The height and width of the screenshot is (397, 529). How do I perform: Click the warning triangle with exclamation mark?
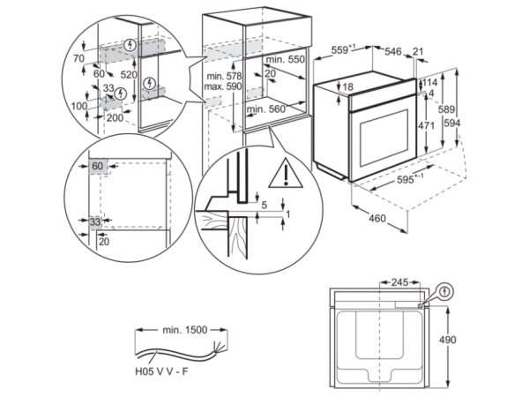pyautogui.click(x=286, y=174)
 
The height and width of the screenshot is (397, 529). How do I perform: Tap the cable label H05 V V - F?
pyautogui.click(x=161, y=371)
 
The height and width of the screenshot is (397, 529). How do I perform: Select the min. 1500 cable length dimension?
pyautogui.click(x=184, y=330)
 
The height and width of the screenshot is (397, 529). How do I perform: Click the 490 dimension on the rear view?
pyautogui.click(x=447, y=340)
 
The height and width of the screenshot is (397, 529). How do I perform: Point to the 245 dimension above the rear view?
pyautogui.click(x=399, y=282)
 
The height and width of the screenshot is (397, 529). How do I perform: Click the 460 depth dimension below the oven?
pyautogui.click(x=376, y=219)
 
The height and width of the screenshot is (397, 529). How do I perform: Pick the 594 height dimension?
pyautogui.click(x=452, y=124)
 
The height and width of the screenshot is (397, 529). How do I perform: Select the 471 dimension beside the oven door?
pyautogui.click(x=426, y=125)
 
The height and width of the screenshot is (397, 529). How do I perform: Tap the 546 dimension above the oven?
pyautogui.click(x=393, y=51)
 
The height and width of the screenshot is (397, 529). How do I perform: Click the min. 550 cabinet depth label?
pyautogui.click(x=285, y=60)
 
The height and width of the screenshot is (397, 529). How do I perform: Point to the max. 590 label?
pyautogui.click(x=223, y=86)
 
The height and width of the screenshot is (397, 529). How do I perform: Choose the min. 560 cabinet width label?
pyautogui.click(x=266, y=109)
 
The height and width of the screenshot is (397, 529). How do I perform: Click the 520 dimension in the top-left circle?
pyautogui.click(x=129, y=75)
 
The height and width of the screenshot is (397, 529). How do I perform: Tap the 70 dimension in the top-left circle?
pyautogui.click(x=78, y=58)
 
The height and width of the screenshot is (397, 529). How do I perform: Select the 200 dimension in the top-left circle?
pyautogui.click(x=115, y=118)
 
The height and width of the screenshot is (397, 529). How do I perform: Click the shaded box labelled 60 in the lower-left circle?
pyautogui.click(x=98, y=166)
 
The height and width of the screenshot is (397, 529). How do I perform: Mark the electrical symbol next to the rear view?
pyautogui.click(x=445, y=292)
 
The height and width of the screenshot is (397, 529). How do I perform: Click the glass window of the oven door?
pyautogui.click(x=384, y=138)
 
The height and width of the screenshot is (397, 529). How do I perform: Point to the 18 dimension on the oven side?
pyautogui.click(x=347, y=87)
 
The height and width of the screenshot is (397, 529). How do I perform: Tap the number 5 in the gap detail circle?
pyautogui.click(x=264, y=205)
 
